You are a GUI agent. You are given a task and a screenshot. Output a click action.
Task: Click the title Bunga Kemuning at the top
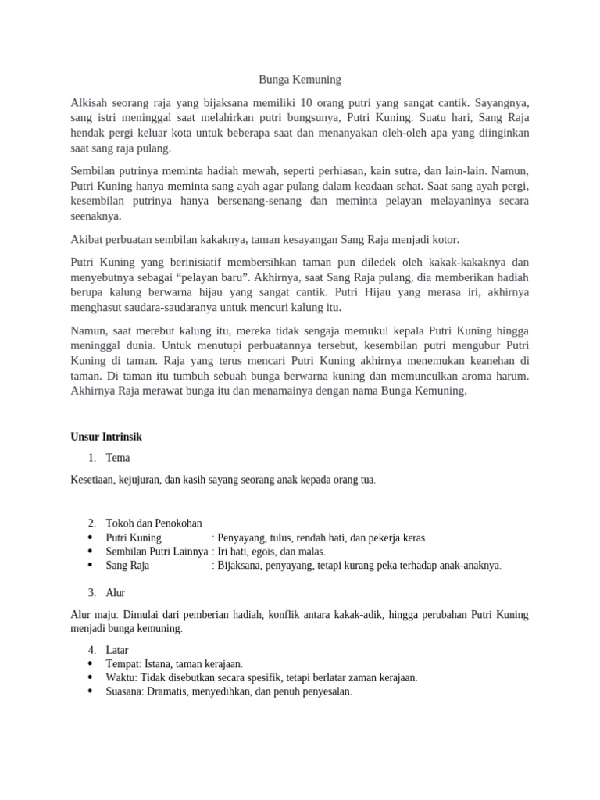[x=300, y=80]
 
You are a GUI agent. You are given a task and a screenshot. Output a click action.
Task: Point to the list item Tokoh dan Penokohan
[x=153, y=523]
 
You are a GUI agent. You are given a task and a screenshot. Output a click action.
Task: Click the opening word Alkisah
[x=91, y=102]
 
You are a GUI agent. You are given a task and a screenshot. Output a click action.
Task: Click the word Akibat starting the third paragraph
[x=87, y=239]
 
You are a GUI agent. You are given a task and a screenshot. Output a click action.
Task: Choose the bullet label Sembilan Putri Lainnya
[x=157, y=551]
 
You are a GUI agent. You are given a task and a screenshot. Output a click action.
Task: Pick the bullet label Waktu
[x=121, y=677]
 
